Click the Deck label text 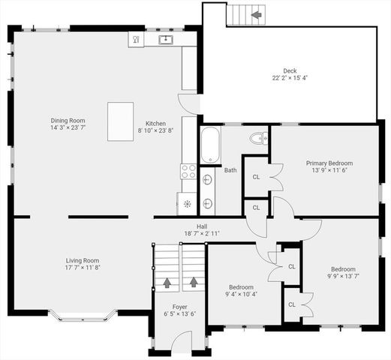[290, 71]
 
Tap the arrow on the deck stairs [257, 14]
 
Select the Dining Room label [68, 120]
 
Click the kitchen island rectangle [120, 121]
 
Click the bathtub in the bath [210, 144]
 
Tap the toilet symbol [257, 138]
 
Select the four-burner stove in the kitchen [188, 171]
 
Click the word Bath [230, 170]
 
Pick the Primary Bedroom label [329, 163]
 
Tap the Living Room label [82, 260]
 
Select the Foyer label [180, 307]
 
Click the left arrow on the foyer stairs [167, 283]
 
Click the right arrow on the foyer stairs [194, 283]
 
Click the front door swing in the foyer [181, 342]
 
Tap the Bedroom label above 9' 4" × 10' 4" [241, 286]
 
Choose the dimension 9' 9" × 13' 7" [343, 276]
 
